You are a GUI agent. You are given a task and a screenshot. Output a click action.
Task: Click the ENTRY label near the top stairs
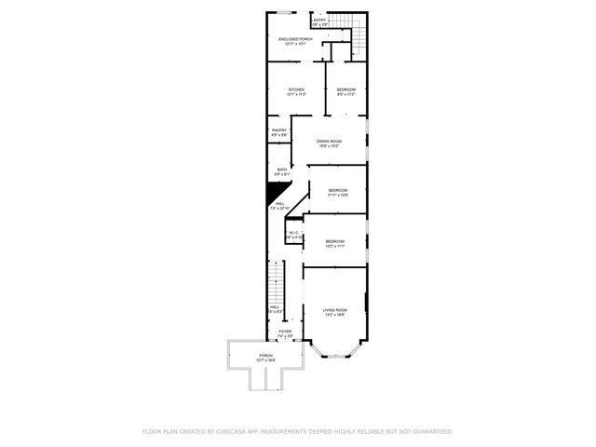coord(319,20)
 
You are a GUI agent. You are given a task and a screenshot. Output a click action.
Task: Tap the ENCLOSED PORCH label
coord(293,39)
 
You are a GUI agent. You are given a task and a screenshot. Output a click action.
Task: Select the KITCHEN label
coord(296,90)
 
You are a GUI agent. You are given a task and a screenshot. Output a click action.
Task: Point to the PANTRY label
coord(278,130)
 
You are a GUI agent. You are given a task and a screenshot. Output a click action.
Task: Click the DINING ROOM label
coord(329,142)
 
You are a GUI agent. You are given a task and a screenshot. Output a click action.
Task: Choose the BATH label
coord(281,169)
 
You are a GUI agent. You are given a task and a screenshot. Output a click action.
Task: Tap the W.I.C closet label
coord(292,233)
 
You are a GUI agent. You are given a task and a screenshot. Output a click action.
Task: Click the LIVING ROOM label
coord(335,310)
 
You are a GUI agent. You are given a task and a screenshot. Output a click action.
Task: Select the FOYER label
coord(285,332)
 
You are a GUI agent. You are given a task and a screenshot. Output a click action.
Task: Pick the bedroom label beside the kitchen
coord(345,90)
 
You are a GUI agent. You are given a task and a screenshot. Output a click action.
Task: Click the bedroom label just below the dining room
coord(338,191)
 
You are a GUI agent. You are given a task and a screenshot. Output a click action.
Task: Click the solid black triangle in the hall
coord(277,194)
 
